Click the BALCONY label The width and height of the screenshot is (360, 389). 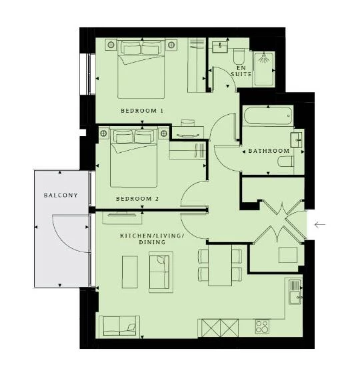pyautogui.click(x=61, y=196)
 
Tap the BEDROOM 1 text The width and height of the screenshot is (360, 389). pyautogui.click(x=142, y=111)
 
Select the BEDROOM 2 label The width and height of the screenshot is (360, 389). pyautogui.click(x=137, y=199)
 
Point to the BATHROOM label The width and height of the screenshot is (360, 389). pyautogui.click(x=269, y=151)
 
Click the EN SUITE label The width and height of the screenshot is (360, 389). pyautogui.click(x=241, y=71)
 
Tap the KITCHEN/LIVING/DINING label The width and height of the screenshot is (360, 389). pyautogui.click(x=152, y=239)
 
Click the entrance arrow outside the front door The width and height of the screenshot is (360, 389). pyautogui.click(x=320, y=225)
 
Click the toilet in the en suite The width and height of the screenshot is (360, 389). pyautogui.click(x=239, y=56)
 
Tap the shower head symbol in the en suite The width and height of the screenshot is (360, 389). pyautogui.click(x=265, y=59)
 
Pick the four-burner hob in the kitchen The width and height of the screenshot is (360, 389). pyautogui.click(x=262, y=326)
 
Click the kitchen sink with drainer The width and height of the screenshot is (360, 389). pyautogui.click(x=295, y=292)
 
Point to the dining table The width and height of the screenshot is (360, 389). pyautogui.click(x=220, y=265)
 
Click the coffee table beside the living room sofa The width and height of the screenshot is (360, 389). pyautogui.click(x=130, y=272)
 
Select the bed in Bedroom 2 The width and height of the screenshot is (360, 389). pyautogui.click(x=133, y=157)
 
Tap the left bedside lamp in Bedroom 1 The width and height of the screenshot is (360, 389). pyautogui.click(x=111, y=45)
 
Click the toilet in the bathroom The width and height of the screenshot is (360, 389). pyautogui.click(x=286, y=161)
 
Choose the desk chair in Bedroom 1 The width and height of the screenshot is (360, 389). pyautogui.click(x=188, y=123)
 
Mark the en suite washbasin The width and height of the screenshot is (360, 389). pyautogui.click(x=220, y=47)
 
